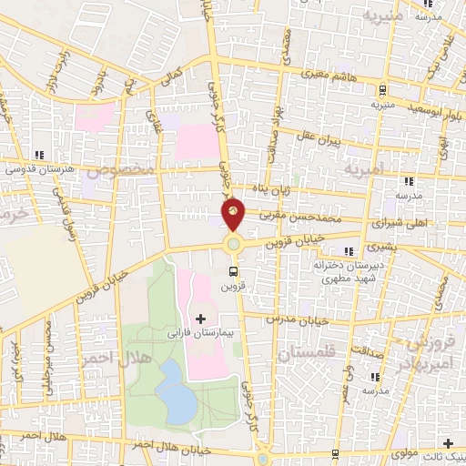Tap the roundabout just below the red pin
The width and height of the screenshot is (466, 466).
pyautogui.click(x=234, y=242)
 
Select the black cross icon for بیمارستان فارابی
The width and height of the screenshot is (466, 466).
pyautogui.click(x=200, y=319)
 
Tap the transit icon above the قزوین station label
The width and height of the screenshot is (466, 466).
pyautogui.click(x=234, y=270)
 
